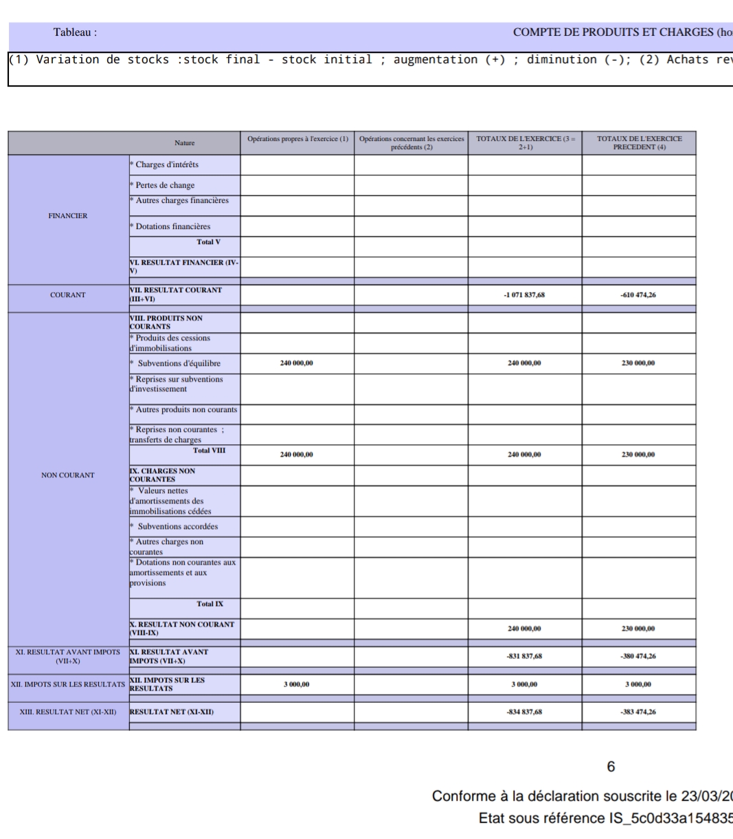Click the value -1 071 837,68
[525, 295]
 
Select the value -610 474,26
[639, 295]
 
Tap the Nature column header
[184, 143]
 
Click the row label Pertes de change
[165, 185]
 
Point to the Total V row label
[208, 242]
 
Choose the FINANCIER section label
[68, 215]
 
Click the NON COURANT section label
[68, 475]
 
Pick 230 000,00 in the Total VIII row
[639, 455]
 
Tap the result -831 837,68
[525, 656]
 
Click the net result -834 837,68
[525, 712]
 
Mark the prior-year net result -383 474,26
[639, 712]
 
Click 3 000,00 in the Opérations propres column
[297, 684]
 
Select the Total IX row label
[210, 604]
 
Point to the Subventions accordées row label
[178, 527]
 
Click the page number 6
[611, 767]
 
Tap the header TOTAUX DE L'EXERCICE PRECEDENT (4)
[639, 143]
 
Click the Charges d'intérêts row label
[167, 164]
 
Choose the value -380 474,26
[639, 656]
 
